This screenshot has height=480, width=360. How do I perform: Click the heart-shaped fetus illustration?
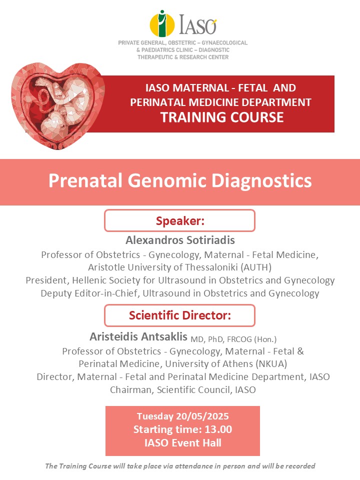click(x=58, y=106)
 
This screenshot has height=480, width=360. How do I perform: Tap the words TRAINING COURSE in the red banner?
click(x=222, y=117)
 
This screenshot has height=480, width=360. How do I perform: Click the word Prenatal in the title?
click(x=85, y=180)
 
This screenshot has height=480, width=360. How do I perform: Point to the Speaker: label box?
click(x=179, y=220)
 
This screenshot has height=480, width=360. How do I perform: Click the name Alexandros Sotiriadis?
click(x=180, y=240)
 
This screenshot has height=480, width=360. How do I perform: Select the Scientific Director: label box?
click(x=179, y=315)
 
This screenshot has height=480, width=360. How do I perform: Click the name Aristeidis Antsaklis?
click(x=138, y=336)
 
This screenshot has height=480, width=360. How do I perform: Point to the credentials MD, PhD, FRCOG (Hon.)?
click(x=233, y=339)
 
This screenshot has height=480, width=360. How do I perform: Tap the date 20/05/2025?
click(x=202, y=416)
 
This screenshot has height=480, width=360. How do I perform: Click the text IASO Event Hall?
click(x=183, y=443)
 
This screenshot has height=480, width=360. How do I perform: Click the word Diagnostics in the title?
click(x=261, y=180)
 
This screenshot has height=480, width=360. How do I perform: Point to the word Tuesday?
click(x=155, y=416)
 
